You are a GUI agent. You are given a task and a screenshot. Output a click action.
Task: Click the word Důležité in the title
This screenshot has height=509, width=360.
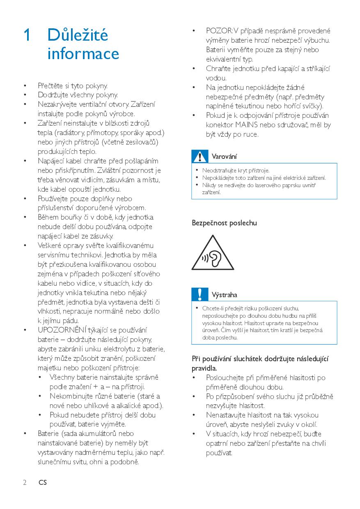[78, 35]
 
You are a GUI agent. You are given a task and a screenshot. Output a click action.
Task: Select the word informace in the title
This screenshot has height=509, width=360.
[83, 54]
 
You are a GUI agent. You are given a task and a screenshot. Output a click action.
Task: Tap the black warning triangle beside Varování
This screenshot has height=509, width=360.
[200, 156]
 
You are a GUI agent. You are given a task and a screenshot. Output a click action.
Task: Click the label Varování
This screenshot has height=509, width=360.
[224, 157]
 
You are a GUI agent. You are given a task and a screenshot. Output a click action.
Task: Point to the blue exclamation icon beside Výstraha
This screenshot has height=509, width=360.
[200, 294]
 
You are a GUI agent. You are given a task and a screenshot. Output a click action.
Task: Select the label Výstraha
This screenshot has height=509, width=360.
[224, 295]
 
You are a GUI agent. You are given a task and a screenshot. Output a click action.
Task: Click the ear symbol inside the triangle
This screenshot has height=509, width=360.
[214, 257]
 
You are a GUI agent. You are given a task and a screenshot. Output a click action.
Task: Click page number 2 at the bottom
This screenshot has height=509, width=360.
[25, 483]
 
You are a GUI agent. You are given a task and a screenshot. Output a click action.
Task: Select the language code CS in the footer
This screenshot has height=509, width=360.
[43, 483]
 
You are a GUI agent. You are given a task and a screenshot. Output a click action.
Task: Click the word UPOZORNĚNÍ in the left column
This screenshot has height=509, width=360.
[62, 330]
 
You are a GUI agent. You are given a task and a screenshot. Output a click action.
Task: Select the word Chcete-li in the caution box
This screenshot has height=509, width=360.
[212, 308]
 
